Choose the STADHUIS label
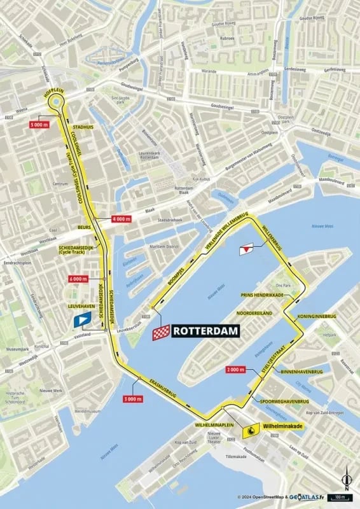83,127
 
